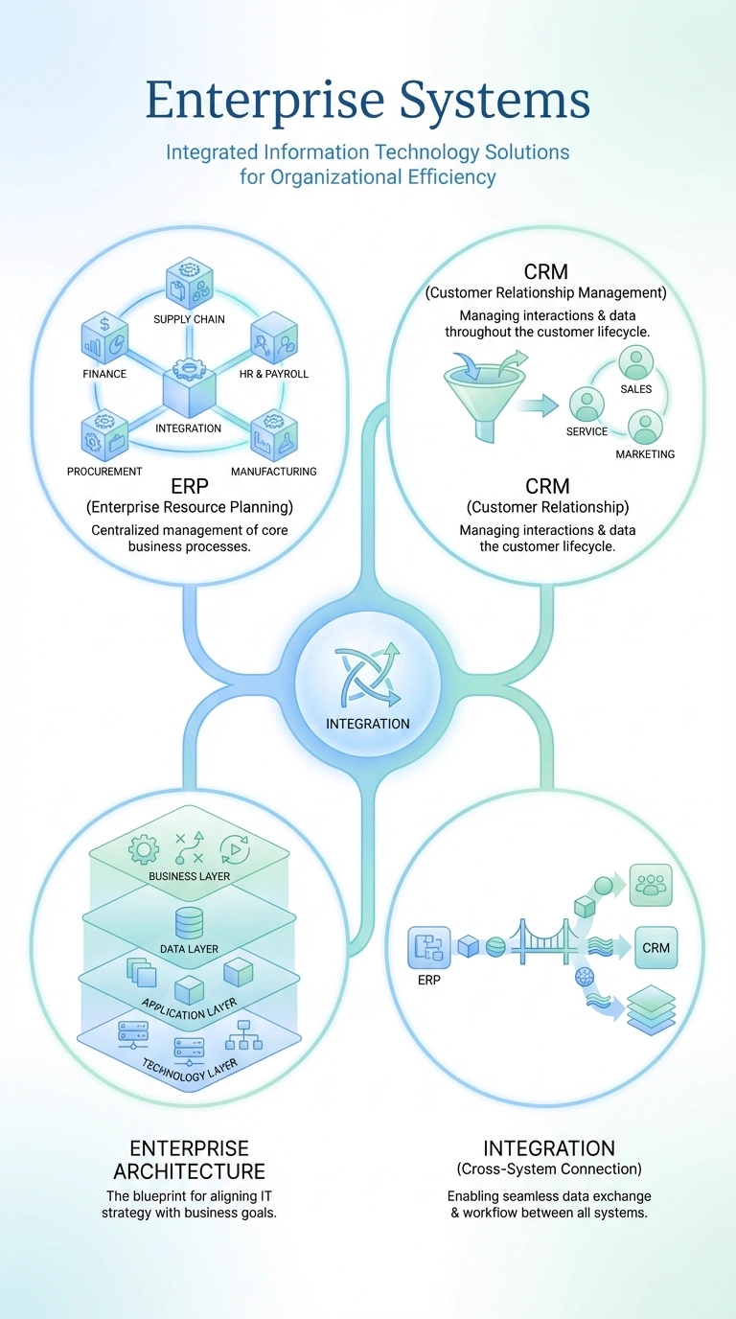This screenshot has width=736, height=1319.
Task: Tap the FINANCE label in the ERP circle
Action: [104, 374]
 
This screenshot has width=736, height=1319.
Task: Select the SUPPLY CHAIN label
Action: [189, 318]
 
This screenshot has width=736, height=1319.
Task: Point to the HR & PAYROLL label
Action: [274, 374]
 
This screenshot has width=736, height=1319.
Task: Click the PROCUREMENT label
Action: [104, 471]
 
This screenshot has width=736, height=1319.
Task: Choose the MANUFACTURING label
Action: [274, 471]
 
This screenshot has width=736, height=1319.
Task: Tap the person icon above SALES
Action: [635, 362]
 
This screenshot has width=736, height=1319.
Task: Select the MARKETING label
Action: [645, 453]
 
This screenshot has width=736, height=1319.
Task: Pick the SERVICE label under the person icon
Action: [587, 431]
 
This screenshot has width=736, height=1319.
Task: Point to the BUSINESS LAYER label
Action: [189, 876]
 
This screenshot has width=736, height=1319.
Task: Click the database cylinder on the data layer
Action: [189, 922]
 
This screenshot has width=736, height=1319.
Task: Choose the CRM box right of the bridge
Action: [656, 947]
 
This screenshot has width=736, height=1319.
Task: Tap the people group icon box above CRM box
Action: [651, 885]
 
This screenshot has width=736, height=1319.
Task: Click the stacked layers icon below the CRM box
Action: [651, 1009]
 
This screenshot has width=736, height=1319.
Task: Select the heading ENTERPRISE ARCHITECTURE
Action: [189, 1160]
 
